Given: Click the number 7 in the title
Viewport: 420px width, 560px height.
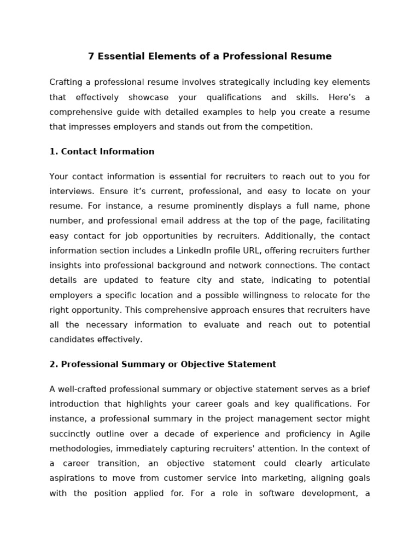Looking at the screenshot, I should click(x=91, y=56).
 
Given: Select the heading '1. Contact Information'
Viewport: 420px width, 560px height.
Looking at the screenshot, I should click(x=102, y=151).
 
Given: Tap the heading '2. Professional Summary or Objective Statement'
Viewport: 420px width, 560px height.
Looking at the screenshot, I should click(x=162, y=364).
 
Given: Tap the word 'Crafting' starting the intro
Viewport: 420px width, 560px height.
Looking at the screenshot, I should click(x=67, y=82).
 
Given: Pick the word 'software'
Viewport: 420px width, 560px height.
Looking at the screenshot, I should click(x=279, y=493).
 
